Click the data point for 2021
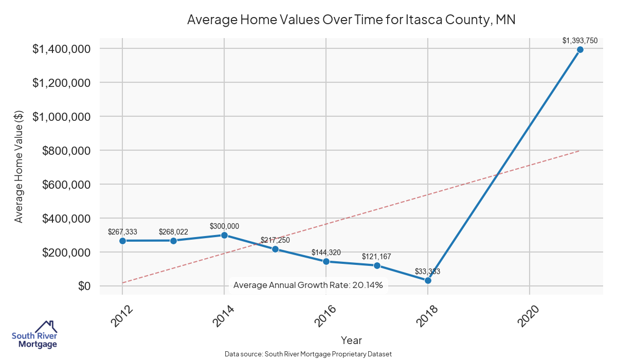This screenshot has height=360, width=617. pos(580,49)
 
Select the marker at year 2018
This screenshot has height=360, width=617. pos(428,280)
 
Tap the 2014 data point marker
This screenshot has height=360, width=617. pos(224,235)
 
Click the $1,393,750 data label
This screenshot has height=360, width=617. pos(580,40)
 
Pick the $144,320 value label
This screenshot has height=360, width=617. pos(326,253)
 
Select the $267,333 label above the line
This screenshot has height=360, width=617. pos(122,232)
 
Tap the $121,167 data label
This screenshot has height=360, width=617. pos(377,256)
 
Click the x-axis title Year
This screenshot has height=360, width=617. pos(351,340)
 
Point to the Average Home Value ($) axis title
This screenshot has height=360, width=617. pos(19,168)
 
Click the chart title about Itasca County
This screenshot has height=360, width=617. pos(351,20)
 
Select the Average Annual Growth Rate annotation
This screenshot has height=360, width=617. pos(308,285)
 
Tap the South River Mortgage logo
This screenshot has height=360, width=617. pos(34,335)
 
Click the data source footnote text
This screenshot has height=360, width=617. pos(308,354)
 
